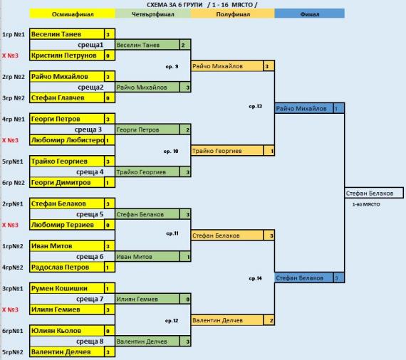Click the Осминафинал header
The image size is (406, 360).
[x=72, y=14]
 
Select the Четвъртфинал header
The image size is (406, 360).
[x=153, y=14]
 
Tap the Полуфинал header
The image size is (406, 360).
[x=233, y=14]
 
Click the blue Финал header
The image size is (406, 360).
[x=309, y=14]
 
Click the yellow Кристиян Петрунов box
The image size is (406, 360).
[x=67, y=55]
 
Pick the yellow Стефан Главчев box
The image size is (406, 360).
[x=67, y=97]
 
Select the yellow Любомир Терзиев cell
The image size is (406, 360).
[x=67, y=225]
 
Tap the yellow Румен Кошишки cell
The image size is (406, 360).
[x=67, y=288]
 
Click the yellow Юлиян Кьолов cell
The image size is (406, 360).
[x=67, y=331]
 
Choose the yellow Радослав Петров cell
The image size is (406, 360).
[x=67, y=268]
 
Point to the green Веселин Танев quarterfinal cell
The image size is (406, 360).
[x=147, y=45]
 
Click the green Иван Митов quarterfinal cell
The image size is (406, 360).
[x=147, y=257]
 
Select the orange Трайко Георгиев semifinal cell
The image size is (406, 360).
[x=227, y=151]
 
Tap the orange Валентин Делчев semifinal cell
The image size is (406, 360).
[x=227, y=320]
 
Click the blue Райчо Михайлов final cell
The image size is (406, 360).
[x=304, y=108]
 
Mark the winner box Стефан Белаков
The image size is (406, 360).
[x=374, y=193]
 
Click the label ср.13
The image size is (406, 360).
[x=255, y=106]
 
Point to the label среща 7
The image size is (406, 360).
[x=90, y=299]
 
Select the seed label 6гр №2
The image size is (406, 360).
[x=14, y=183]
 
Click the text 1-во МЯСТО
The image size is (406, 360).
[x=366, y=204]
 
